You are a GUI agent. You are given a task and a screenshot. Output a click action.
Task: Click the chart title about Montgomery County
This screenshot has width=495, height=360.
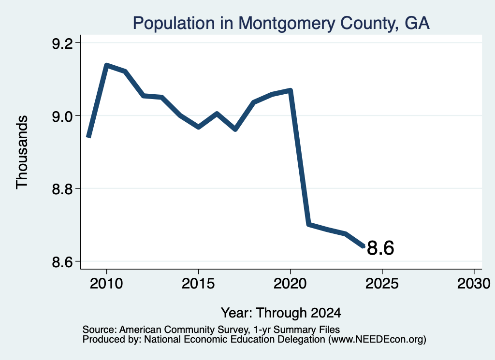[x=281, y=23]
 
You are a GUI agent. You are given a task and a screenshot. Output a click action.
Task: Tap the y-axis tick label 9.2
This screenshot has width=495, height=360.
[x=62, y=43]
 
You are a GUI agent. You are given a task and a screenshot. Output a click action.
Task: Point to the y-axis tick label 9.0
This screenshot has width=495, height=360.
[x=62, y=116]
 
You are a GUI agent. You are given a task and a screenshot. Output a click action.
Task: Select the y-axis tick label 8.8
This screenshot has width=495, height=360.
[x=62, y=188]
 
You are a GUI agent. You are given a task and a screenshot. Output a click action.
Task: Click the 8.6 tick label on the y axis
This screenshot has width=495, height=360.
[x=62, y=261]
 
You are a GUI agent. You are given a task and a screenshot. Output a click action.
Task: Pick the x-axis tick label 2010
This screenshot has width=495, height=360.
[x=106, y=283]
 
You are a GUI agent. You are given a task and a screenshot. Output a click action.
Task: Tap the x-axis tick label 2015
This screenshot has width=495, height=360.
[x=198, y=283]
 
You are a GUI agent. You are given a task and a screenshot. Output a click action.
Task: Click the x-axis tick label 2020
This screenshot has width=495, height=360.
[x=290, y=283]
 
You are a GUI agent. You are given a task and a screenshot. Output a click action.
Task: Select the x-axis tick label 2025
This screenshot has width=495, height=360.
[x=382, y=283]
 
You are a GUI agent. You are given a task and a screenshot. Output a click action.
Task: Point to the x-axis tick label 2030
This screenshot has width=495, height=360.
[x=474, y=283]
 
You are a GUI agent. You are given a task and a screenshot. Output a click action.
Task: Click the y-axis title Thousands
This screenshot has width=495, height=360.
[x=22, y=152]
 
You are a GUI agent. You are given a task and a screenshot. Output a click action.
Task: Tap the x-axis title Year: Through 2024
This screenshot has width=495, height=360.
[x=281, y=313]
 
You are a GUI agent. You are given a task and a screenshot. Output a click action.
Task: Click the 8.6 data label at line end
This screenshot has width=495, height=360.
[x=380, y=248]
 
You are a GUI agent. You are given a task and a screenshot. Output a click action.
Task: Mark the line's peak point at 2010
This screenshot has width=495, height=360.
[x=107, y=65]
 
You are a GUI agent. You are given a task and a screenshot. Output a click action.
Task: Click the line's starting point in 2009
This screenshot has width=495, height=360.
[x=89, y=137]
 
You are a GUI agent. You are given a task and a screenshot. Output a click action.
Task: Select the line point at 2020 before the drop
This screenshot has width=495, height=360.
[x=291, y=91]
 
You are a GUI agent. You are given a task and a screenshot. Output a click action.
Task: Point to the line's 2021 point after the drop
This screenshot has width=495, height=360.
[x=309, y=224]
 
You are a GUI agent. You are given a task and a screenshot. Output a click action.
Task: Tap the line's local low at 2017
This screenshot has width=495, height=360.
[x=235, y=130]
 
